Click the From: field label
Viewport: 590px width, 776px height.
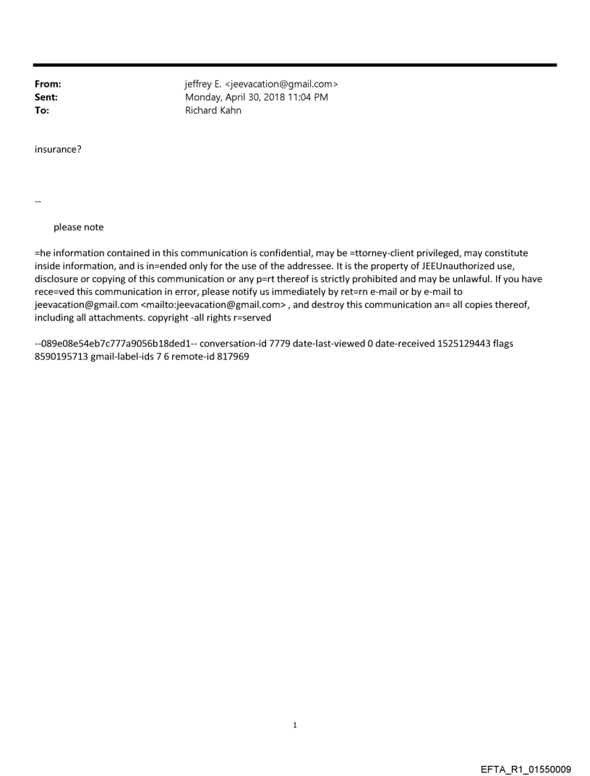coord(48,85)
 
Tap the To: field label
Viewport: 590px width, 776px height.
coord(42,111)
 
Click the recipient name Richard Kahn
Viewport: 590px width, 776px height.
coord(213,111)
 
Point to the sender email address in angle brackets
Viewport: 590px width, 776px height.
coord(276,85)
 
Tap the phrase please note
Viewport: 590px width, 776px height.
coord(78,227)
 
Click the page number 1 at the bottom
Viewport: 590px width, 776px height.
coord(295,725)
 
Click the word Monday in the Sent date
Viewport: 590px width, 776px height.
coord(205,98)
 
